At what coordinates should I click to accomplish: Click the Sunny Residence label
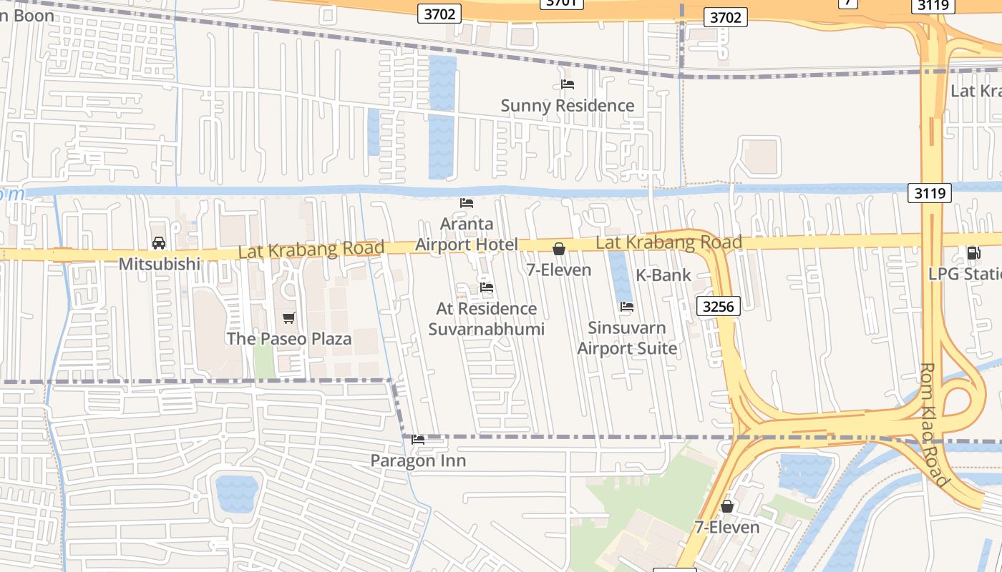[567, 106]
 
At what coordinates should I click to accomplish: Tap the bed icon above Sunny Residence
[568, 84]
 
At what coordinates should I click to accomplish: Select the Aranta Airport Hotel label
[466, 235]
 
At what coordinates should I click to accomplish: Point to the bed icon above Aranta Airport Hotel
[467, 203]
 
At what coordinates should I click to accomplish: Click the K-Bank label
[663, 275]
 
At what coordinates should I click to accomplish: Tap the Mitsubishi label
[159, 264]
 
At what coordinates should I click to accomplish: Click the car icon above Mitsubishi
[159, 243]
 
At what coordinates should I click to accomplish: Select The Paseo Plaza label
[289, 339]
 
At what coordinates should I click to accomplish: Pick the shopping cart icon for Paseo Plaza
[289, 317]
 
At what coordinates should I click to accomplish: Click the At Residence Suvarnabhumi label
[487, 319]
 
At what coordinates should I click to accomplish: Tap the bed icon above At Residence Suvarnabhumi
[487, 287]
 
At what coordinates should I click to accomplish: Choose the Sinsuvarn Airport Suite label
[627, 338]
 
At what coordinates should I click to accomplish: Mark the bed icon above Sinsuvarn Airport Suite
[627, 307]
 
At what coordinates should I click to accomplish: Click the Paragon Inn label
[418, 461]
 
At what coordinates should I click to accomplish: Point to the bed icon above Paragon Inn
[418, 440]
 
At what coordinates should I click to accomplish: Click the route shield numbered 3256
[718, 306]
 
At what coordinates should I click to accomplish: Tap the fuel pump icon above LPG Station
[973, 252]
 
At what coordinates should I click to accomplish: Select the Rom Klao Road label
[935, 425]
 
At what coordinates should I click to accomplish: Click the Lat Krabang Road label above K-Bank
[668, 243]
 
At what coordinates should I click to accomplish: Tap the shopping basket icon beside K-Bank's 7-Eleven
[559, 249]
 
